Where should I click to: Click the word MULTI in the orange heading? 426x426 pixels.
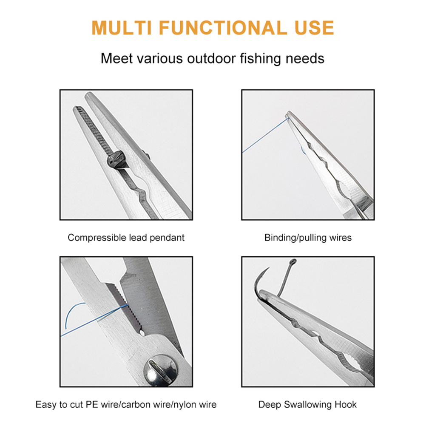click(121, 28)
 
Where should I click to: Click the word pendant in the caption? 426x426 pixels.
click(167, 238)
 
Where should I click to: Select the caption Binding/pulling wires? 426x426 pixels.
click(308, 238)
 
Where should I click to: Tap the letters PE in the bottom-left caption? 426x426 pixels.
click(92, 405)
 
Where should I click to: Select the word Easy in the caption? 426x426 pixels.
click(46, 405)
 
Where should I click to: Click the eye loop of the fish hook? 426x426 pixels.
click(293, 262)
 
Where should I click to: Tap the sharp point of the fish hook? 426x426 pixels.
click(269, 267)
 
